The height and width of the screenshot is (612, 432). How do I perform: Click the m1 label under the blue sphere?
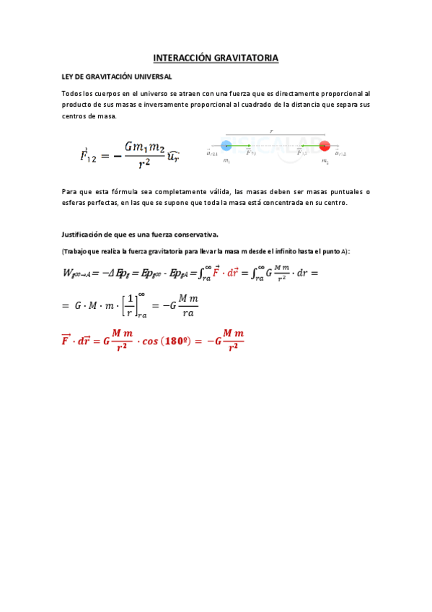226,161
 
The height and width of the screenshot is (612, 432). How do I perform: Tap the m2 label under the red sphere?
325,161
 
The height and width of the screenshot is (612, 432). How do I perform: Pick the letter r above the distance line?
271,131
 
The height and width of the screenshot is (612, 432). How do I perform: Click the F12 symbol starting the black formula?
89,154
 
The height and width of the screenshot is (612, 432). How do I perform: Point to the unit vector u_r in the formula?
173,154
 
